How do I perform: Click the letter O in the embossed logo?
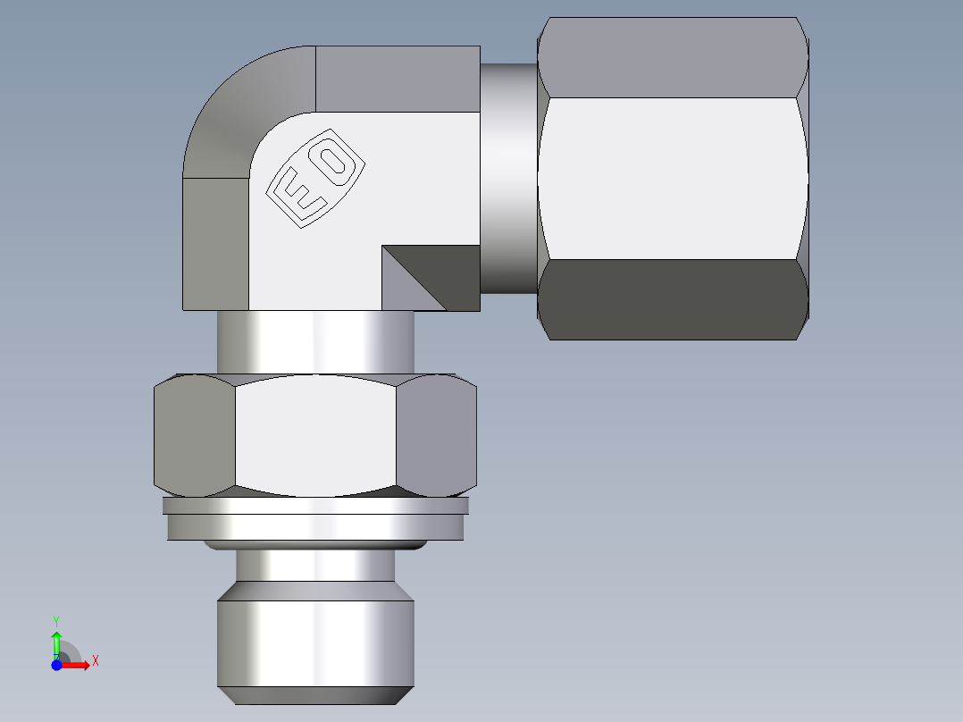(x=335, y=161)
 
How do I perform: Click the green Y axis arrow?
(x=56, y=642)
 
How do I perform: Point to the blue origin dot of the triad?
(x=56, y=665)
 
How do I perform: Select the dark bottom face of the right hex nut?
(x=674, y=299)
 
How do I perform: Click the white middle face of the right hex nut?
(x=674, y=179)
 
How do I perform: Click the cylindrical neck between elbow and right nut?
(x=509, y=179)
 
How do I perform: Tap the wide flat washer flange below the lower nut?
(x=315, y=526)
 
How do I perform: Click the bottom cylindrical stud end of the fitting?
(x=315, y=643)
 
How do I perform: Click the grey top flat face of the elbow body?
(x=398, y=79)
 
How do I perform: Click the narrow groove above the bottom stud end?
(x=315, y=565)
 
